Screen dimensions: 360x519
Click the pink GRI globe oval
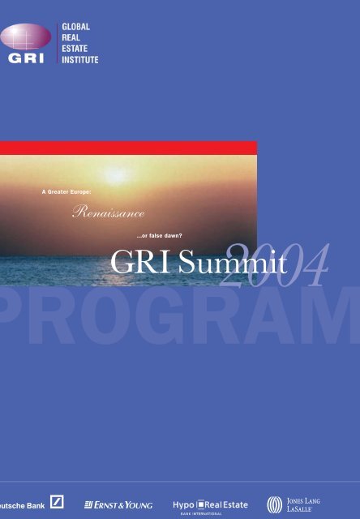click(25, 36)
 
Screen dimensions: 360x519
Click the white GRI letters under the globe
click(26, 58)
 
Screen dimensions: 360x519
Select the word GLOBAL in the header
click(75, 27)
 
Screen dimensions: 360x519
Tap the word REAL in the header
click(71, 38)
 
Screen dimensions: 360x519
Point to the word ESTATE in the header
click(75, 49)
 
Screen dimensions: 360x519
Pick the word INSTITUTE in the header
click(80, 60)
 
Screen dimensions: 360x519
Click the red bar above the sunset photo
click(128, 148)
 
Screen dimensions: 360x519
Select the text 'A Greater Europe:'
click(66, 192)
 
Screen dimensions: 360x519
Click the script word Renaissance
click(108, 212)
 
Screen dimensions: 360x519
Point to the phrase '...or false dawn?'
click(159, 236)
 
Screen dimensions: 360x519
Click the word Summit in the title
click(233, 261)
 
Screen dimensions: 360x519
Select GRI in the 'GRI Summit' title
click(140, 261)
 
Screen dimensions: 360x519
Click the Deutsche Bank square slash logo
click(57, 502)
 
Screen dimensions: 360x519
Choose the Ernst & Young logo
click(118, 505)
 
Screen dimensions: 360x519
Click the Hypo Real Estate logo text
click(210, 505)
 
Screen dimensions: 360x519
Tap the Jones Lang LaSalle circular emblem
click(275, 504)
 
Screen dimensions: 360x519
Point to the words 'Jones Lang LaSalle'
click(303, 504)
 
